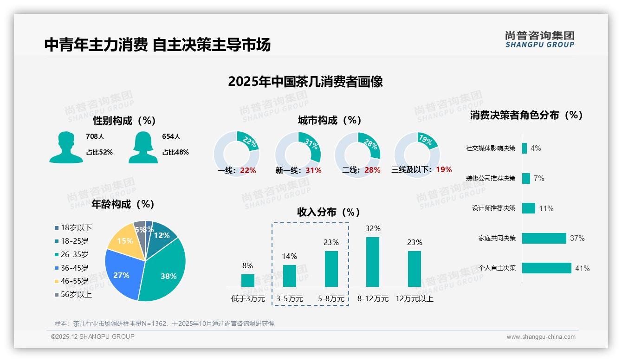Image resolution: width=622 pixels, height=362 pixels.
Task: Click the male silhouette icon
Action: [x=66, y=147]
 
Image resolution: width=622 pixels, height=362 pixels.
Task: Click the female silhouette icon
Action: [x=143, y=147]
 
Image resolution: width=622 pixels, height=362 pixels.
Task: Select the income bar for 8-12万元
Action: [x=373, y=262]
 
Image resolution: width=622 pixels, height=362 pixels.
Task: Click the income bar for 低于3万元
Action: [x=248, y=280]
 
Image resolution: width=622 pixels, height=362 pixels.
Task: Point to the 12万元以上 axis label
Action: [x=414, y=299]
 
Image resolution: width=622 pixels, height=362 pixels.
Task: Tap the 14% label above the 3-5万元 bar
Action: [x=290, y=256]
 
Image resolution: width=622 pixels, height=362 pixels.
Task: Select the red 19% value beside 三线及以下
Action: [x=444, y=170]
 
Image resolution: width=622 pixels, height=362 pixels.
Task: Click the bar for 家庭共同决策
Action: [x=544, y=238]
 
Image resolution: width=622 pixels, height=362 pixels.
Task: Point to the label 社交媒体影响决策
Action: [x=491, y=149]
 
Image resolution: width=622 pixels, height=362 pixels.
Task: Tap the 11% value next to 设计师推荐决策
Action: [x=546, y=209]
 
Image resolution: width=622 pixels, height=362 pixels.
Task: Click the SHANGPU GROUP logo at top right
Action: [x=539, y=39]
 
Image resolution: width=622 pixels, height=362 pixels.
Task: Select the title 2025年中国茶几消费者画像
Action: [x=305, y=82]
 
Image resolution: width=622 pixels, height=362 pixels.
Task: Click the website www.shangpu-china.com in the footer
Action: [x=541, y=337]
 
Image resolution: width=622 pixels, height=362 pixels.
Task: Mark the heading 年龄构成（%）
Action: [x=123, y=204]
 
